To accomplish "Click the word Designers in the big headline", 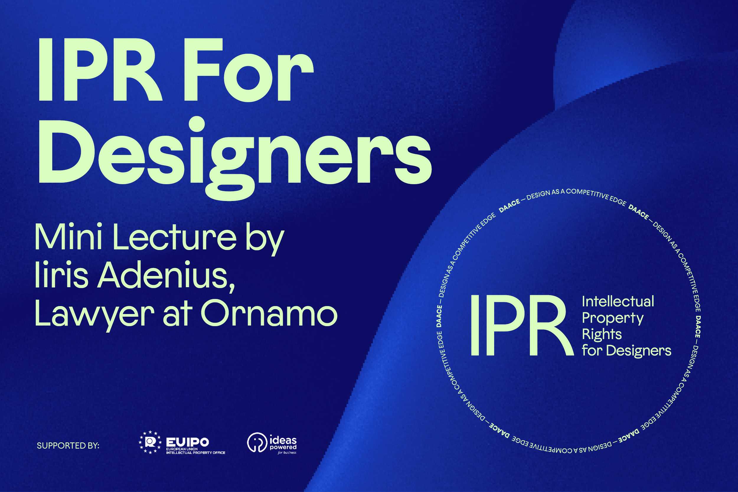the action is (x=235, y=159).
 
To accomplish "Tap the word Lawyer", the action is (x=94, y=313).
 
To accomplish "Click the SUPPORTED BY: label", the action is (x=68, y=446).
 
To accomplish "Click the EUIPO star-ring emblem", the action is (x=150, y=442).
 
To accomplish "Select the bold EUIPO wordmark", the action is (x=187, y=442).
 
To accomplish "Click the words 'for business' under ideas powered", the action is (x=287, y=452).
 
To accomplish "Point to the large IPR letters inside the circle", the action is (x=522, y=325).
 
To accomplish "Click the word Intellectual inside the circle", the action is (x=618, y=302).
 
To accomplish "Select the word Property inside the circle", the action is (x=613, y=318).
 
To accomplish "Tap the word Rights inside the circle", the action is (x=602, y=334).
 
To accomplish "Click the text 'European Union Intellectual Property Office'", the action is (x=195, y=451).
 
